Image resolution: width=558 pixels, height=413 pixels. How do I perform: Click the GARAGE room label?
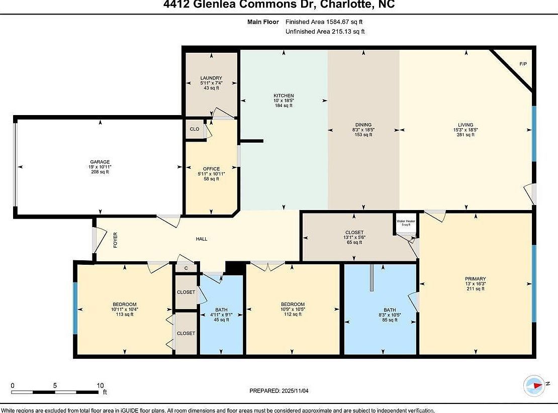pyautogui.click(x=101, y=162)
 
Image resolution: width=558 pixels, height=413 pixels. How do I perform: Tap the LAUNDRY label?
pyautogui.click(x=211, y=78)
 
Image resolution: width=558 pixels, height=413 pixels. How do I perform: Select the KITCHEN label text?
pyautogui.click(x=284, y=95)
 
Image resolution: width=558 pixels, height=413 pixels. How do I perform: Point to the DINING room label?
pyautogui.click(x=363, y=125)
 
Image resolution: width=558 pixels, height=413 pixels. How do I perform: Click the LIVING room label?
pyautogui.click(x=465, y=125)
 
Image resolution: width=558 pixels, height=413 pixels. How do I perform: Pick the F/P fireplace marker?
pyautogui.click(x=523, y=64)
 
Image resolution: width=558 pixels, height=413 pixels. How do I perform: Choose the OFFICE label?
pyautogui.click(x=211, y=169)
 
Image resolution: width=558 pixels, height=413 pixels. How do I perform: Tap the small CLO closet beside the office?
pyautogui.click(x=195, y=129)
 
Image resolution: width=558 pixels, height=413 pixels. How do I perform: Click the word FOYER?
pyautogui.click(x=115, y=239)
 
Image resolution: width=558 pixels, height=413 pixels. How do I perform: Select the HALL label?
pyautogui.click(x=202, y=239)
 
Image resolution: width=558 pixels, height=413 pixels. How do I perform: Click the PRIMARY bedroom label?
pyautogui.click(x=475, y=278)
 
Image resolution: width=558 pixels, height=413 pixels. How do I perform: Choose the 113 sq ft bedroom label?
pyautogui.click(x=124, y=304)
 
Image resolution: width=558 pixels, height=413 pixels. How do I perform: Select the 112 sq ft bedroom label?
pyautogui.click(x=293, y=304)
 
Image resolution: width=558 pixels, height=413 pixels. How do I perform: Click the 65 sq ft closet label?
pyautogui.click(x=354, y=233)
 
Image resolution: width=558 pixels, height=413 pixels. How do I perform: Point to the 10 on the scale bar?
pyautogui.click(x=100, y=385)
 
